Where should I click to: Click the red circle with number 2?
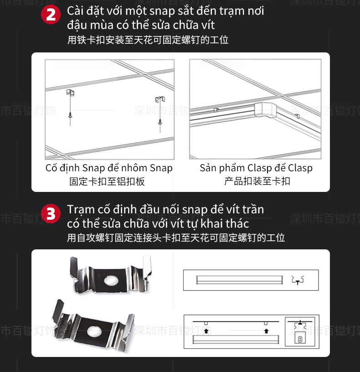[51, 15]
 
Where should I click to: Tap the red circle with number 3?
[51, 213]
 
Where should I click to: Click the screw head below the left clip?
[70, 116]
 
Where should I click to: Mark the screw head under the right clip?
[160, 122]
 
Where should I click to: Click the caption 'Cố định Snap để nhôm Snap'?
[109, 168]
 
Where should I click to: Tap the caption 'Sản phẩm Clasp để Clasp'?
[256, 168]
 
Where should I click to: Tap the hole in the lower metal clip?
[94, 331]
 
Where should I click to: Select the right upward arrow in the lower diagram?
[266, 329]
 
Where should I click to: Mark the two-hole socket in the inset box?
[299, 339]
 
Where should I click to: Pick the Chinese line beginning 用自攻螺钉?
[175, 238]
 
